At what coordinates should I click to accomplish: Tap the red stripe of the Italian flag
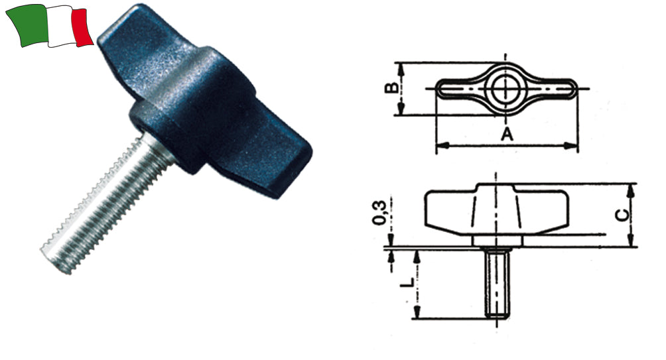click(82, 28)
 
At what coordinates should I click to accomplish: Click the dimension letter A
click(506, 135)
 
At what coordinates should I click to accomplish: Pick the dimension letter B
click(392, 88)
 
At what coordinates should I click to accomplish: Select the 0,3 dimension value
click(381, 211)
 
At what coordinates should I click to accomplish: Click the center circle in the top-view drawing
click(506, 88)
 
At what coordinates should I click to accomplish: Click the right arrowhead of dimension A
click(574, 145)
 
